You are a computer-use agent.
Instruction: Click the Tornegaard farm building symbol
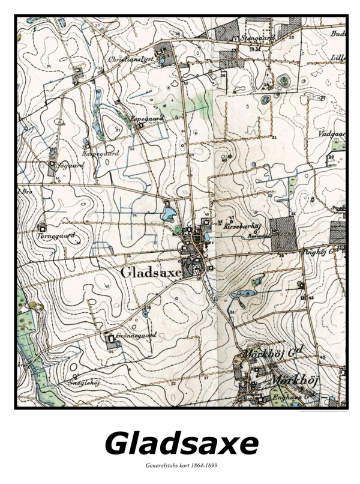point(42,228)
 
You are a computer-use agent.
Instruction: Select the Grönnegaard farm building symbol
point(110,339)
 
